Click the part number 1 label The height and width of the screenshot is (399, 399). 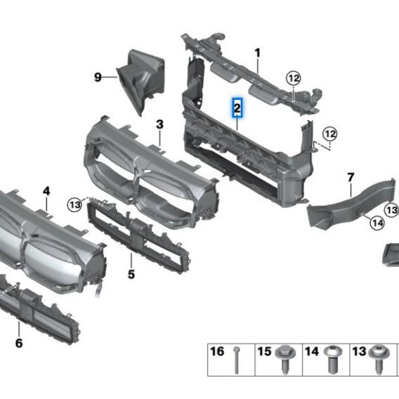click(258, 53)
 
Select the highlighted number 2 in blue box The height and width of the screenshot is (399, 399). click(237, 108)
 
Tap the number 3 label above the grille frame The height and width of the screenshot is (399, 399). click(159, 124)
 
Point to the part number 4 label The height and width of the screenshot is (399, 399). click(46, 190)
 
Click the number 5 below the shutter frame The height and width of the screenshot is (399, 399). click(131, 274)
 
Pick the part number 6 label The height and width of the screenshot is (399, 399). click(19, 343)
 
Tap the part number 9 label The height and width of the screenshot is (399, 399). click(98, 77)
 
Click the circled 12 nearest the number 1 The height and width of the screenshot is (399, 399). click(293, 77)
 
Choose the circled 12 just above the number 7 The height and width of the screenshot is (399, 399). click(330, 133)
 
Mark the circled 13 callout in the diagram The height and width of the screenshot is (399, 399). click(75, 204)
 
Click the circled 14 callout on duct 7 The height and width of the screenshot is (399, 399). click(377, 223)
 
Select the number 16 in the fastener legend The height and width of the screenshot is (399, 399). click(218, 351)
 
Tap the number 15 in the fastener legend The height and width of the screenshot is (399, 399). click(265, 351)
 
